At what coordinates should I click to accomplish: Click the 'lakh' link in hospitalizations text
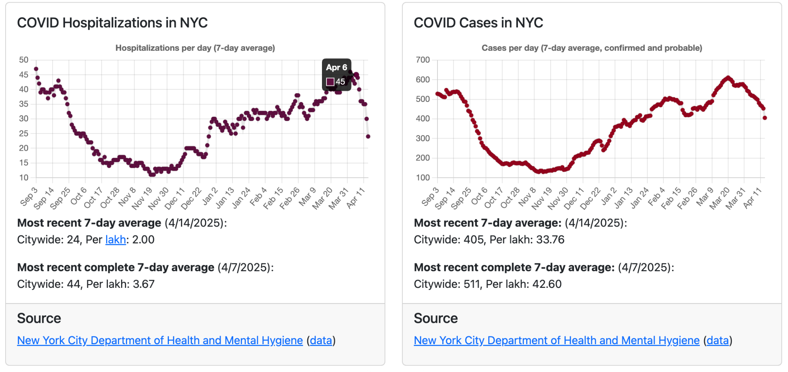(x=115, y=240)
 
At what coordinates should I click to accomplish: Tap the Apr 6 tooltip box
(x=337, y=75)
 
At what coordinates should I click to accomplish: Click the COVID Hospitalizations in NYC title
(x=112, y=23)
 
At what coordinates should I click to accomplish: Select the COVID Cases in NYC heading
(x=478, y=23)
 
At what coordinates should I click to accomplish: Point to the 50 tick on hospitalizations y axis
(x=24, y=60)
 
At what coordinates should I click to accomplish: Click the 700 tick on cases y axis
(x=422, y=60)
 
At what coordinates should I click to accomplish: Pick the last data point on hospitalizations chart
(x=368, y=136)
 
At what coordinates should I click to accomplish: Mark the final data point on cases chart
(x=765, y=118)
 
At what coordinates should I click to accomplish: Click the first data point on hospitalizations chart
(x=36, y=69)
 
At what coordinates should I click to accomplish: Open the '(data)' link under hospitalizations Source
(x=321, y=340)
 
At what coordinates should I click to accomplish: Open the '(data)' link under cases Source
(x=718, y=340)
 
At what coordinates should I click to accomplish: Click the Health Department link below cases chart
(x=556, y=340)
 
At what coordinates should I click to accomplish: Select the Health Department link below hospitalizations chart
(x=160, y=340)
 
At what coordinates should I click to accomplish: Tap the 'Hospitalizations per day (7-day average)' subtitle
(x=195, y=48)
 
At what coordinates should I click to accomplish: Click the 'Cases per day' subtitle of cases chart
(x=592, y=48)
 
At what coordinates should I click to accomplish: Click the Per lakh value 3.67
(x=143, y=284)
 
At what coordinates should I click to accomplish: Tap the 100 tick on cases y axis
(x=422, y=178)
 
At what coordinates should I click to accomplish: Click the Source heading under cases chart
(x=436, y=318)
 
